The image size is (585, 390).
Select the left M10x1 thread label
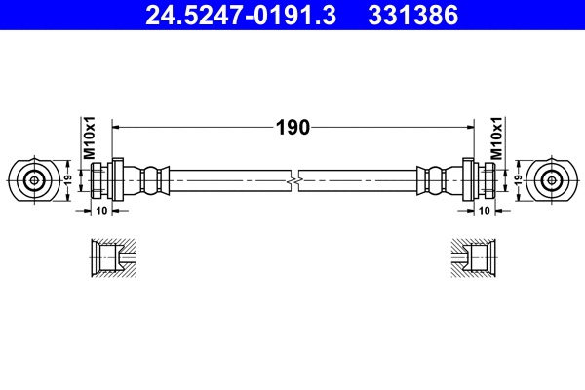coord(87,138)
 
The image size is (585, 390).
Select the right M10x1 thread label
coord(496,138)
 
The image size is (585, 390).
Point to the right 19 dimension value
coord(519,179)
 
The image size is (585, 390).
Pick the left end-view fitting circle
coord(34,179)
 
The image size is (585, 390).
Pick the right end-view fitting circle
coord(552,179)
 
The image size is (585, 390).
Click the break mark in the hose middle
coord(293,180)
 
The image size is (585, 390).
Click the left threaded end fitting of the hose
coord(103,180)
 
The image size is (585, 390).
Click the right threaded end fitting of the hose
coord(482,180)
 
